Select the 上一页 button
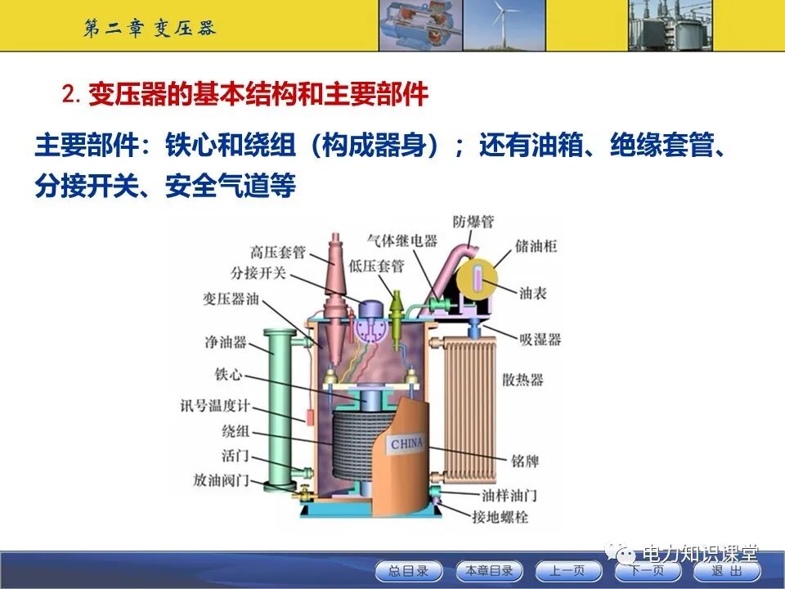coord(567,570)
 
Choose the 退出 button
coord(726,570)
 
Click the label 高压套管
coord(277,252)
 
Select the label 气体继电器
coord(402,241)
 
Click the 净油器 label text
coord(227,342)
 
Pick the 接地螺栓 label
coord(500,516)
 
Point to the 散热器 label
coord(523,380)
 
